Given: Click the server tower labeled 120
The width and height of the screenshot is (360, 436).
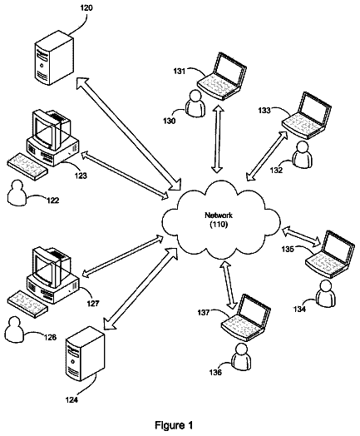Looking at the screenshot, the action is tap(54, 57).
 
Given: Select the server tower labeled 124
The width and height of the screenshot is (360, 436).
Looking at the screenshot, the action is tap(86, 354).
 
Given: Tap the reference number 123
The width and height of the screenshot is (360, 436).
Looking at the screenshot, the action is tap(81, 176).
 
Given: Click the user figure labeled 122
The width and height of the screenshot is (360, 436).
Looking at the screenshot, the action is tap(16, 193).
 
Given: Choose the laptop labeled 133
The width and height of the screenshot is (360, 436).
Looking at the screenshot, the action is tap(307, 116).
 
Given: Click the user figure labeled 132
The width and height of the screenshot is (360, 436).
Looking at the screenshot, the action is tap(302, 155).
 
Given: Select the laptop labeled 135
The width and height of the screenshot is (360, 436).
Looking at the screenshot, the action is tap(330, 255).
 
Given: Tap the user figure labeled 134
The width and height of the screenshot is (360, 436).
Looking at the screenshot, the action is tap(326, 294).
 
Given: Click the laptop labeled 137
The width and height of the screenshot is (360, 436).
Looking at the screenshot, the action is tap(246, 318).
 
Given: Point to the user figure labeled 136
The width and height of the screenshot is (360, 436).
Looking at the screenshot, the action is tap(241, 356).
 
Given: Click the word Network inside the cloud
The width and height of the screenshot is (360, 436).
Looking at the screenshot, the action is tap(219, 215).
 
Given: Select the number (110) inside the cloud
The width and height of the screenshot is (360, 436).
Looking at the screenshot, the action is tap(219, 225).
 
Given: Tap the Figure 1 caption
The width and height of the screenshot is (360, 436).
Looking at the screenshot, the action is tap(174, 425).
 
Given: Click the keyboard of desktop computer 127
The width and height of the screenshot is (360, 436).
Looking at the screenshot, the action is tap(27, 305).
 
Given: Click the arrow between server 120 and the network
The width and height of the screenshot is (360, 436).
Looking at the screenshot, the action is tap(129, 134).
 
